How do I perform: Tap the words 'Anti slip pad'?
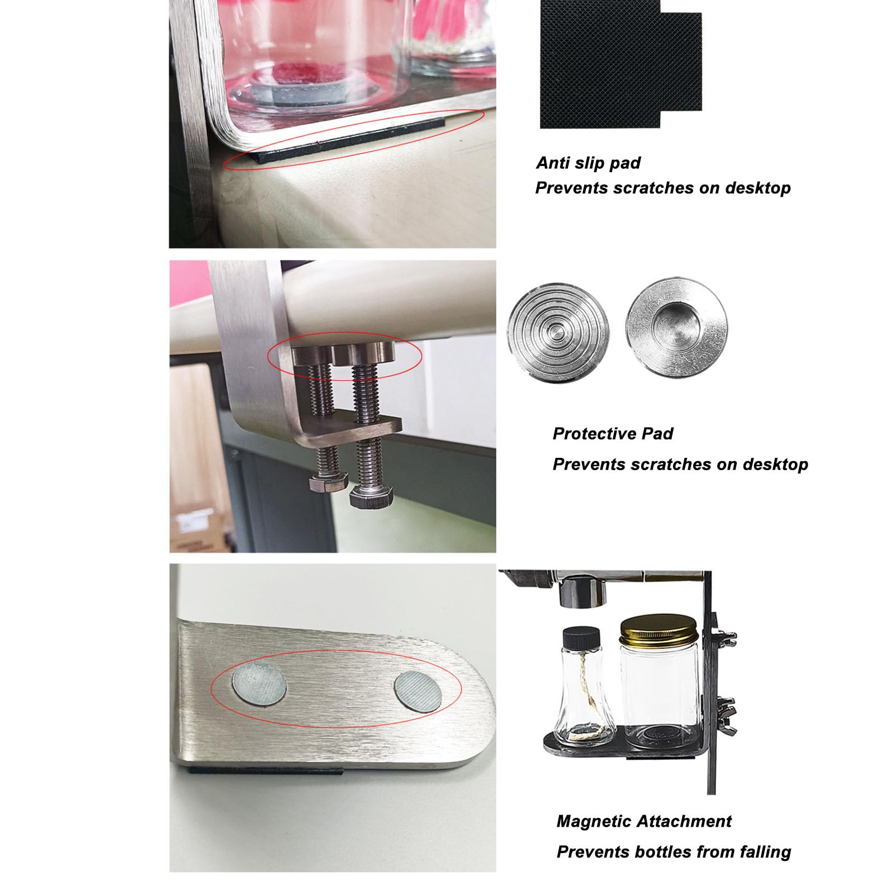pos(588,163)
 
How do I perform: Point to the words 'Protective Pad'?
pos(613,434)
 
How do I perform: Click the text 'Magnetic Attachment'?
pos(644,821)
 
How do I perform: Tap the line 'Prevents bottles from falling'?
pos(674,852)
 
